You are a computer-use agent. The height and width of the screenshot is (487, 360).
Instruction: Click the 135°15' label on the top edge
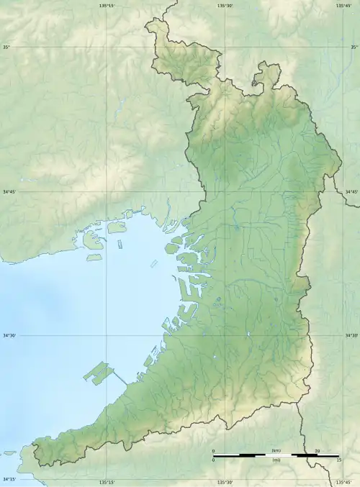coord(107,5)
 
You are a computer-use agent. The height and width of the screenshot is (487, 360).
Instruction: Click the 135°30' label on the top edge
coord(225,5)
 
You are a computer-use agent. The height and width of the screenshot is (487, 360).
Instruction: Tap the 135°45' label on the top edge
coord(344,5)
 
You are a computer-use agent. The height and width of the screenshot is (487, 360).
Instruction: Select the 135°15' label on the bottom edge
coord(107,482)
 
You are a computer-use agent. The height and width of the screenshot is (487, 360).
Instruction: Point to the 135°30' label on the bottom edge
coord(225,482)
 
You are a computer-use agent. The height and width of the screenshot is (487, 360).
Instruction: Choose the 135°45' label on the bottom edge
coord(344,482)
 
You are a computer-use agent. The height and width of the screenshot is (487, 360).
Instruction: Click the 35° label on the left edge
coord(6,47)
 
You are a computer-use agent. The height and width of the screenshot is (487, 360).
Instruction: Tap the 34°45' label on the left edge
coord(9,192)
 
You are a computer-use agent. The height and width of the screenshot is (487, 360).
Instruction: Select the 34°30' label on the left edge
coord(9,336)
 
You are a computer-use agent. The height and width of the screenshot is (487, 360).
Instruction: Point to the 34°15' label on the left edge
coord(9,480)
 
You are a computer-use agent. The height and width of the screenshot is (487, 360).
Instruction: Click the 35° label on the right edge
coord(354,47)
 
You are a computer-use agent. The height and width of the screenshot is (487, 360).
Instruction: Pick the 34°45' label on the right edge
coord(351,192)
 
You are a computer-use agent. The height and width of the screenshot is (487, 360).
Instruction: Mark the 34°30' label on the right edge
coord(351,336)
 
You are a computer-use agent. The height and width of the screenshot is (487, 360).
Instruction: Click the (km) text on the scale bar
coord(276,451)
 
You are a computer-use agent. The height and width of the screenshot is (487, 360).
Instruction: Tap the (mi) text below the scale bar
coord(276,460)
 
